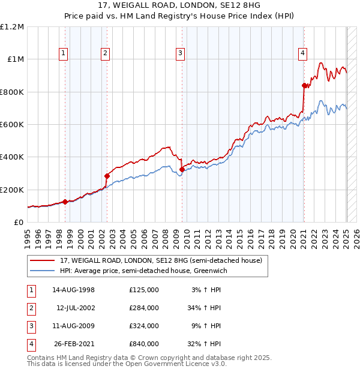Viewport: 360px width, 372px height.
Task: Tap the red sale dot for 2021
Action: [x=304, y=86]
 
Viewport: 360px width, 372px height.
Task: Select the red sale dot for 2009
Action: [x=182, y=169]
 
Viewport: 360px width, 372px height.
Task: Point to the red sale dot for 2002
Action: [x=107, y=176]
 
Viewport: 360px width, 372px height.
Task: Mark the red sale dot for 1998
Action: [x=65, y=202]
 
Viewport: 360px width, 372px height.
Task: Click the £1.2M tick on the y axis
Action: [x=12, y=27]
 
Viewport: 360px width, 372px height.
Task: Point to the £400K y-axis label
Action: [x=12, y=157]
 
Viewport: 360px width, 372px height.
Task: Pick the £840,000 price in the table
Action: [x=144, y=344]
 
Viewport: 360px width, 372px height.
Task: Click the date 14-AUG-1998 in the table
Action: [x=73, y=290]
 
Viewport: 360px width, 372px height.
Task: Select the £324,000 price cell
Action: [x=144, y=326]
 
